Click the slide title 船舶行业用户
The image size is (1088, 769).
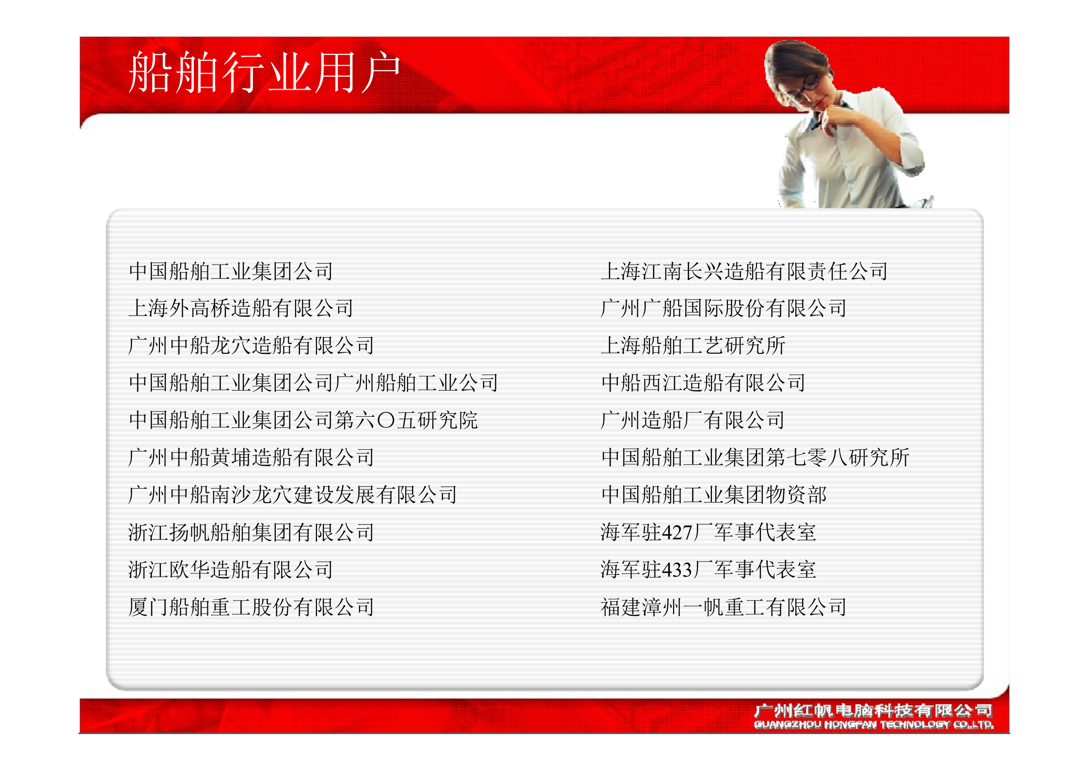pos(264,73)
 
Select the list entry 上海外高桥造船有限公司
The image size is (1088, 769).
pos(241,308)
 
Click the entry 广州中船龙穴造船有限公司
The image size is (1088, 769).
pos(251,345)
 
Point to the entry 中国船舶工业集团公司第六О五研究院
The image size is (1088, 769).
pos(303,420)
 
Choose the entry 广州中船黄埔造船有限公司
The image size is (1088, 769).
pos(251,457)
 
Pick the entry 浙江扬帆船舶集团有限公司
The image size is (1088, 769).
pos(251,532)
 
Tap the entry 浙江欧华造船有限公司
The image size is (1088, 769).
pos(231,569)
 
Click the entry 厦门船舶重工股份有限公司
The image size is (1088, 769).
pos(251,607)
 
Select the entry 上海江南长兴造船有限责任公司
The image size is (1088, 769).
pos(744,271)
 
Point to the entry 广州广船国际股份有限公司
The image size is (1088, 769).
pos(723,308)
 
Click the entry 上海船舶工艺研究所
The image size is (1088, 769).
pos(693,345)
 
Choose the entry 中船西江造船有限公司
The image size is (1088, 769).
pos(703,383)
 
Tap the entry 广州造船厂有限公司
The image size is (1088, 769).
pos(692,420)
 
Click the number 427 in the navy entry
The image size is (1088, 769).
pos(677,533)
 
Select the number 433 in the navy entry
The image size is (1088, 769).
pos(677,570)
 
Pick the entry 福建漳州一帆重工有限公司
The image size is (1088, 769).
pos(723,607)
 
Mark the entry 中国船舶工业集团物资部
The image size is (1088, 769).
pos(713,495)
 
